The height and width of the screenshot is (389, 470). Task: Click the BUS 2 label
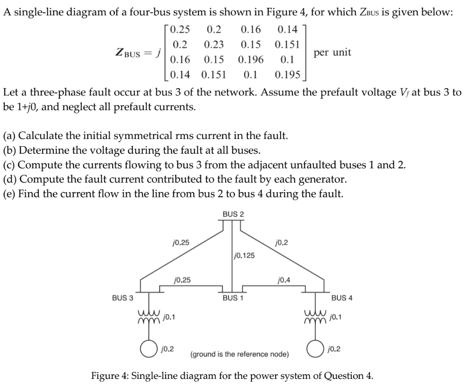[x=233, y=214]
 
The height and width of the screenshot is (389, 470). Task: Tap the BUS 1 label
[x=233, y=297]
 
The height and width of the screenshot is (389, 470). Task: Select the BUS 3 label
[x=123, y=297]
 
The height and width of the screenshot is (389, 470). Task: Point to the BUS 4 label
[x=341, y=297]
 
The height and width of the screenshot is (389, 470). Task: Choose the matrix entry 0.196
[x=251, y=60]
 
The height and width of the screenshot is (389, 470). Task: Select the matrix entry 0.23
[x=214, y=45]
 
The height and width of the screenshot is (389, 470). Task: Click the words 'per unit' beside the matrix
[x=332, y=52]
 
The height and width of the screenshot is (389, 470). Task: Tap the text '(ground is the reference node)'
[x=240, y=354]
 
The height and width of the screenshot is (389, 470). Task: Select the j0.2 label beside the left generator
[x=168, y=349]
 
